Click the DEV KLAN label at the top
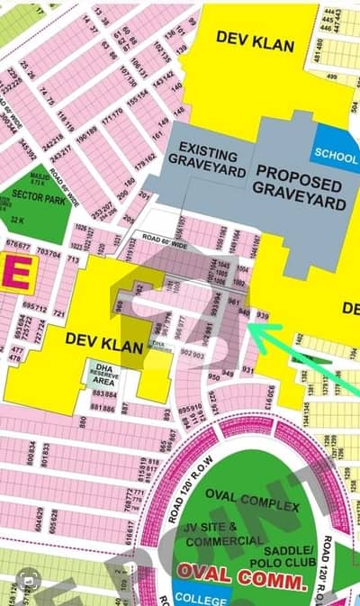coord(251,37)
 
